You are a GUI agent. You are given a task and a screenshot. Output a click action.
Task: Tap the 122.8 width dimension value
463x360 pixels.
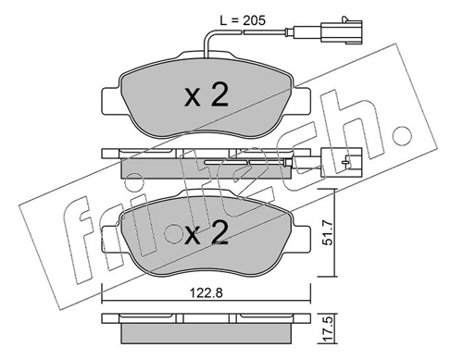point(206,293)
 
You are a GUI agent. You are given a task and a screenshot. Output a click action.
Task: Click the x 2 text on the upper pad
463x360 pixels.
point(206,95)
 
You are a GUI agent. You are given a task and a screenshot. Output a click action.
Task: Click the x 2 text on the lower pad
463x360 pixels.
point(206,234)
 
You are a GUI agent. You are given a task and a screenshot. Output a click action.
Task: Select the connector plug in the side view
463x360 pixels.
point(342,163)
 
